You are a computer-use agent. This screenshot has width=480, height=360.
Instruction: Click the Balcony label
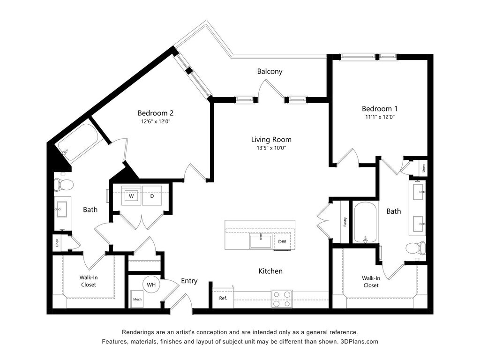click(x=270, y=72)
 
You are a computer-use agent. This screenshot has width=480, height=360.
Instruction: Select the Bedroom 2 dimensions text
click(x=156, y=121)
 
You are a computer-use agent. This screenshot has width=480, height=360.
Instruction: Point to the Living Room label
click(x=271, y=139)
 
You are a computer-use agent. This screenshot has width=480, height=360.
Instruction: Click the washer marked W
click(x=132, y=196)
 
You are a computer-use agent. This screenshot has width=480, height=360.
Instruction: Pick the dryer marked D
click(x=152, y=196)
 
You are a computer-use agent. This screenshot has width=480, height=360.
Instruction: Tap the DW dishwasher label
click(x=282, y=242)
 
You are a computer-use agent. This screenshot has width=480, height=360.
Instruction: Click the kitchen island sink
click(x=261, y=241)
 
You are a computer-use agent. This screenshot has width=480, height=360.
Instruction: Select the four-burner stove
click(x=282, y=299)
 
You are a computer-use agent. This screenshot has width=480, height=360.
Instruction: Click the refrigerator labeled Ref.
click(x=223, y=298)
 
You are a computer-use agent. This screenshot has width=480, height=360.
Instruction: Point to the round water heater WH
click(x=151, y=284)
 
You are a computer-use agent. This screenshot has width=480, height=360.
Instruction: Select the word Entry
click(x=189, y=281)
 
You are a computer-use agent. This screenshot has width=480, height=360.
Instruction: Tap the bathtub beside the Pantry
click(x=366, y=222)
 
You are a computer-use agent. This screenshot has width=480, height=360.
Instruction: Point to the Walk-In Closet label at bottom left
click(x=89, y=281)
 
